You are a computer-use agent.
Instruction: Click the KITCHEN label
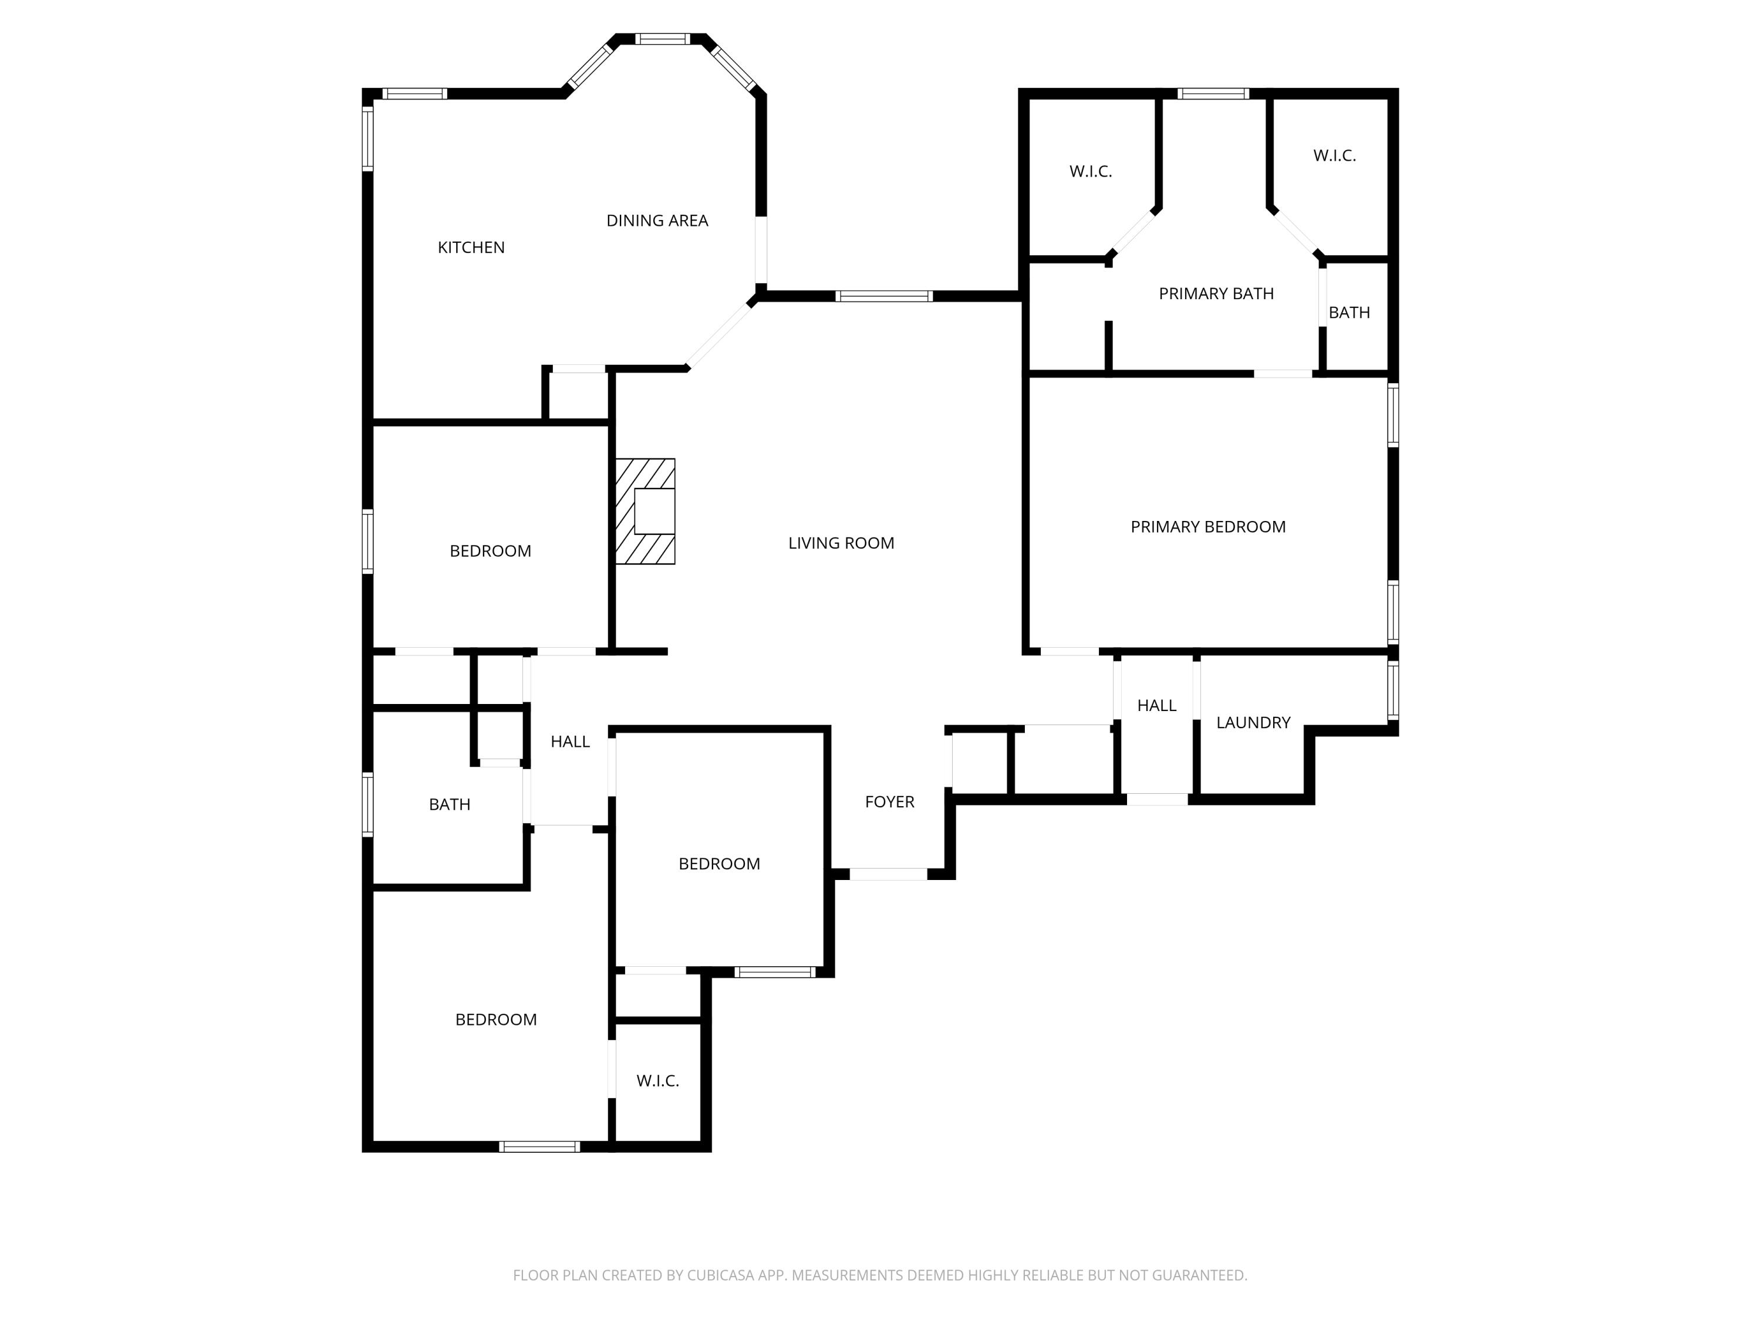coord(471,248)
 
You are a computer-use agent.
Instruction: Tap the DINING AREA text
coord(657,221)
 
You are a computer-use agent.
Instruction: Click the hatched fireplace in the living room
coord(645,512)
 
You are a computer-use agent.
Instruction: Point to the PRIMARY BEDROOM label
coord(1207,527)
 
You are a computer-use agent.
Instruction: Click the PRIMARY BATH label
coord(1216,293)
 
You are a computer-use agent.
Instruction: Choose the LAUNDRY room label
coord(1253,722)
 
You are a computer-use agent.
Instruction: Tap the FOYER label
coord(889,801)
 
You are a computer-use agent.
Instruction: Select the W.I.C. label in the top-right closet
coord(1334,156)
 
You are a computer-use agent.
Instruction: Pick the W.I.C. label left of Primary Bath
coord(1090,171)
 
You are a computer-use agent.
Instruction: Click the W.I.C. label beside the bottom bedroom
coord(657,1081)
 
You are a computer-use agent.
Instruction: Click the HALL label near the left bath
coord(570,742)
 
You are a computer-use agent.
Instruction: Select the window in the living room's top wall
coord(883,297)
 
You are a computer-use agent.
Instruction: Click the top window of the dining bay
coord(662,38)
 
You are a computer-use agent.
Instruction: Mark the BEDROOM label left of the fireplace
coord(490,551)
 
